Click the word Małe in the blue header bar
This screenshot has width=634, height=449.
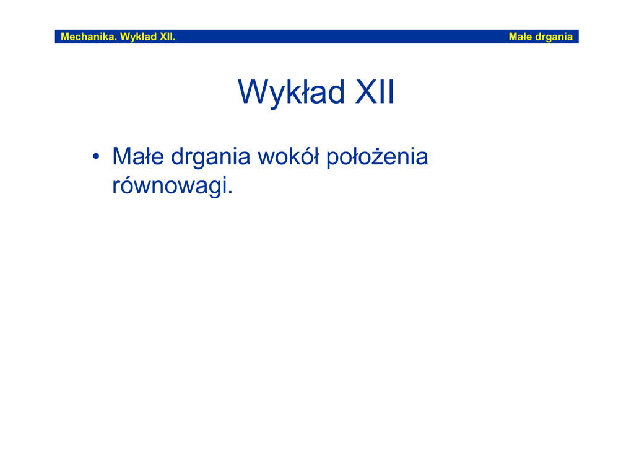(520, 37)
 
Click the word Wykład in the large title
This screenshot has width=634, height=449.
(291, 92)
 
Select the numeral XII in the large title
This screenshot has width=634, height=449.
(375, 92)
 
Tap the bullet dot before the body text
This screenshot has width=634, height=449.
(96, 156)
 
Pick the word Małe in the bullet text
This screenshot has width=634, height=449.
(138, 156)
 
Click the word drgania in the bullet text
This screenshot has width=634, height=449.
(211, 159)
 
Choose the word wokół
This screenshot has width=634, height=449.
(289, 156)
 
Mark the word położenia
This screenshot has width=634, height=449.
(377, 158)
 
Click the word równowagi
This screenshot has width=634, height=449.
(170, 187)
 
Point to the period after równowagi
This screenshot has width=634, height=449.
(230, 193)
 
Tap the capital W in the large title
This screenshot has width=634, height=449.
(256, 92)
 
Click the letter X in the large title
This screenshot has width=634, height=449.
(367, 92)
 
